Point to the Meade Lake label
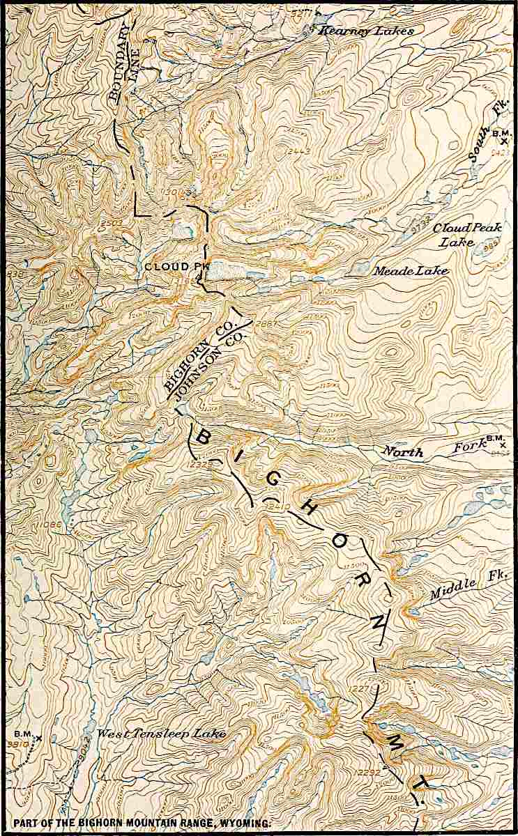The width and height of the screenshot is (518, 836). point(411,271)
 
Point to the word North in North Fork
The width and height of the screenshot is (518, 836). point(403,452)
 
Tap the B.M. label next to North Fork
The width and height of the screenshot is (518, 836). point(494,437)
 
